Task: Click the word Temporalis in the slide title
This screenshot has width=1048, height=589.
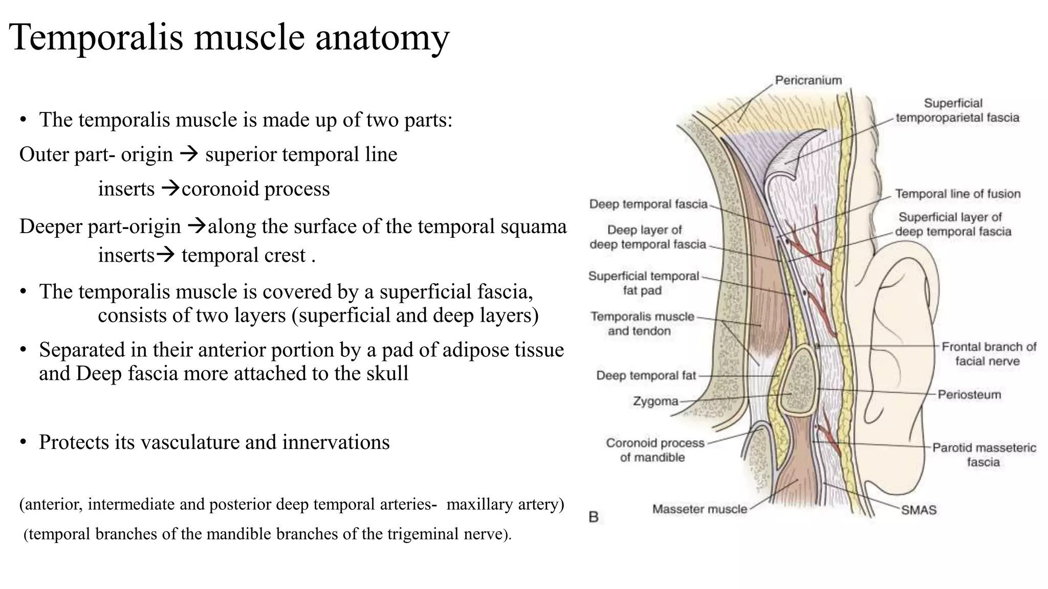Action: (x=97, y=38)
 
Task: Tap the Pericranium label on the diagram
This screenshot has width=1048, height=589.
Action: (x=808, y=80)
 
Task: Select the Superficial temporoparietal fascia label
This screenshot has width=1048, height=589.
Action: (x=957, y=111)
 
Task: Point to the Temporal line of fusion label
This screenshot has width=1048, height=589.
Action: (x=957, y=194)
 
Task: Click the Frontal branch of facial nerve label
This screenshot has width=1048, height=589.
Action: (x=989, y=354)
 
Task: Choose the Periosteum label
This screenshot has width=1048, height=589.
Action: (x=969, y=395)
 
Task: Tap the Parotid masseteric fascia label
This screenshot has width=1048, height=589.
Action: (x=984, y=455)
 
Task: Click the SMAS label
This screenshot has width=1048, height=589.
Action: (x=919, y=510)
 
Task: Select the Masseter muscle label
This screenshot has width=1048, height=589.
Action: (x=700, y=509)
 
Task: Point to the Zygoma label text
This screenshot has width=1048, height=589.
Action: (x=656, y=401)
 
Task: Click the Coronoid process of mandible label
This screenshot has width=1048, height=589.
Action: (x=654, y=450)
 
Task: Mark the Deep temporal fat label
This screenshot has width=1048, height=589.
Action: (x=646, y=376)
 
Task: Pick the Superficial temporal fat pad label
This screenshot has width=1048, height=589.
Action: (x=643, y=283)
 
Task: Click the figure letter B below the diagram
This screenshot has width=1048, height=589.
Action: (x=594, y=517)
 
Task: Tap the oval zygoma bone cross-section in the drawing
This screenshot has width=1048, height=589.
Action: (x=797, y=381)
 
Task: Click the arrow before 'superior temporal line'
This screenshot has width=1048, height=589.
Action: (x=189, y=154)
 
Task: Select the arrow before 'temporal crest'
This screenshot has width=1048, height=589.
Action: (x=165, y=254)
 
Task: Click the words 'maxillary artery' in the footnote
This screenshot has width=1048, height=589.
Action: (x=505, y=504)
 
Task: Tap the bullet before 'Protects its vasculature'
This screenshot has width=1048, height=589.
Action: (x=23, y=443)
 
